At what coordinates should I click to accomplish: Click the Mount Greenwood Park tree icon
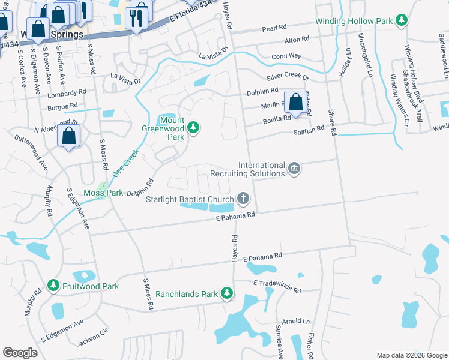[x=193, y=127]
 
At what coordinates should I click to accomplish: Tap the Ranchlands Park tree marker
[x=226, y=293]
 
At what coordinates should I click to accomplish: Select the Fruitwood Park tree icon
[x=53, y=286]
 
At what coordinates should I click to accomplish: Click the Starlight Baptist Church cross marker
[x=243, y=198]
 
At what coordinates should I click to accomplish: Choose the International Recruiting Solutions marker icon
[x=294, y=168]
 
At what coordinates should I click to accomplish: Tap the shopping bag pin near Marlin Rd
[x=295, y=102]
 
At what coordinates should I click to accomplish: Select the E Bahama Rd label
[x=236, y=216]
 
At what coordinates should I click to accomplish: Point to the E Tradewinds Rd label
[x=277, y=286]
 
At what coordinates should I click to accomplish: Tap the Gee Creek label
[x=127, y=162]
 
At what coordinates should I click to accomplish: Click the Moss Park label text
[x=103, y=193]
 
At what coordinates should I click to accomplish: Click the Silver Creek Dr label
[x=288, y=78]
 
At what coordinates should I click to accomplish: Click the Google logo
[x=20, y=353]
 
